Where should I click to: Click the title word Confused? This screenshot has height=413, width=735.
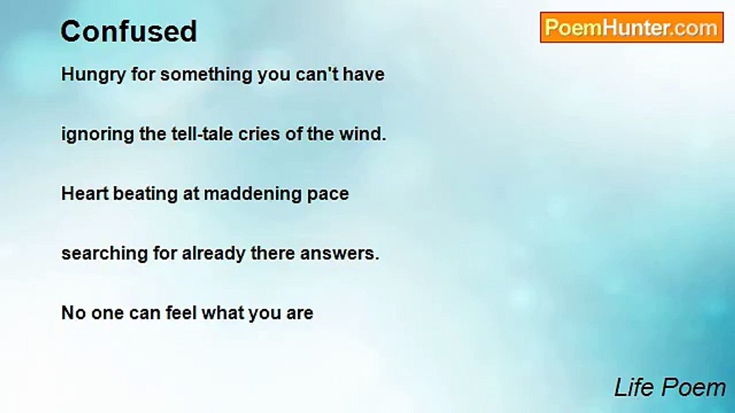129,32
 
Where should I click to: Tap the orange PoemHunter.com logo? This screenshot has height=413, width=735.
632,28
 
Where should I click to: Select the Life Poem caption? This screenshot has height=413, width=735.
670,388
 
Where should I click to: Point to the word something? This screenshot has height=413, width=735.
206,75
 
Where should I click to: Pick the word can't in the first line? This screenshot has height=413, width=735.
317,74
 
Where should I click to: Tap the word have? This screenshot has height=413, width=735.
363,74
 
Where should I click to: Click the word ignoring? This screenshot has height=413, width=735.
98,135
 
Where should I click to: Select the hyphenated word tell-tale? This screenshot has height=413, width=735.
202,134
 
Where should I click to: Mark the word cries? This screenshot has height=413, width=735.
259,134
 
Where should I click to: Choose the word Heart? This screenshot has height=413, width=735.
85,193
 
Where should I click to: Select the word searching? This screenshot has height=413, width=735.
105,254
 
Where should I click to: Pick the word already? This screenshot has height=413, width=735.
214,254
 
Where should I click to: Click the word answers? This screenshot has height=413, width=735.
339,254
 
